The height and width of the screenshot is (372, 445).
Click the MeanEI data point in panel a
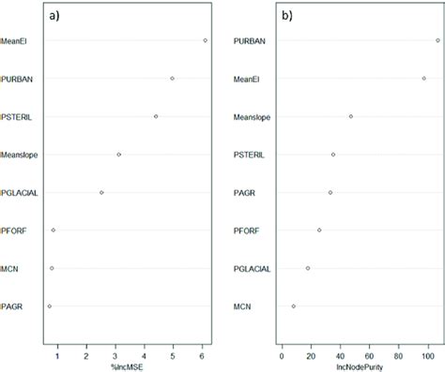[x=205, y=40]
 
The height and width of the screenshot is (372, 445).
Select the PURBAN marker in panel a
[x=172, y=79]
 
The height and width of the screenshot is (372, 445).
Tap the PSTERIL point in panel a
[x=156, y=116]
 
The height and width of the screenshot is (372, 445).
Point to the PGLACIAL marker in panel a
[x=101, y=192]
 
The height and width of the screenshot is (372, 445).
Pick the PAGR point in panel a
[x=50, y=305]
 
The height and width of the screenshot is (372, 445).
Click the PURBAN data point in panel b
[x=437, y=40]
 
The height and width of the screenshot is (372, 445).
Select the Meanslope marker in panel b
[x=351, y=116]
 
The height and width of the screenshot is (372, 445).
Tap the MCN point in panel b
[x=294, y=305]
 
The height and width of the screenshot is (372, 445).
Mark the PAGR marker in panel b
[x=330, y=192]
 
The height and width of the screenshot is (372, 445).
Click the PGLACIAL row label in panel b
[x=252, y=268]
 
